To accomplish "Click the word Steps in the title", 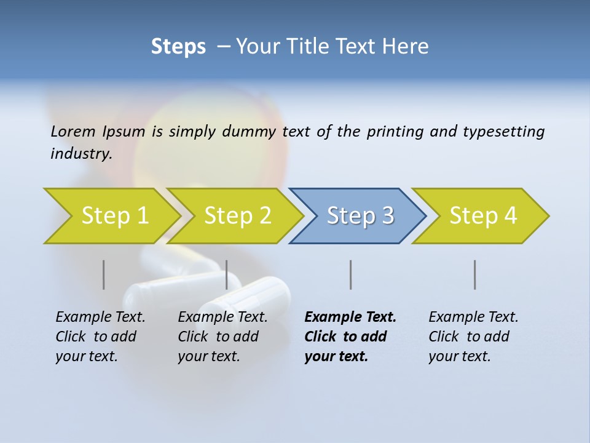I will pos(178,47).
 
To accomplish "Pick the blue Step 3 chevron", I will pos(358,215).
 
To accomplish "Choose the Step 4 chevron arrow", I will pos(481,215).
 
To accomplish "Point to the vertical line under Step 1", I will pos(104,274).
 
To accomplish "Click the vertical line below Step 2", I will pos(227,274).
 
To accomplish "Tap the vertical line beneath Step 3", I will pos(351,274).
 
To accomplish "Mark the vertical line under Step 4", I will pos(475,274).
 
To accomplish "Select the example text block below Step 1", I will pos(100,337).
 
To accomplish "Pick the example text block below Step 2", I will pos(222,337).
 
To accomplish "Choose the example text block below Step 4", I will pos(473,337).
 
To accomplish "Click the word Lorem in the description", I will pos(74,132).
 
